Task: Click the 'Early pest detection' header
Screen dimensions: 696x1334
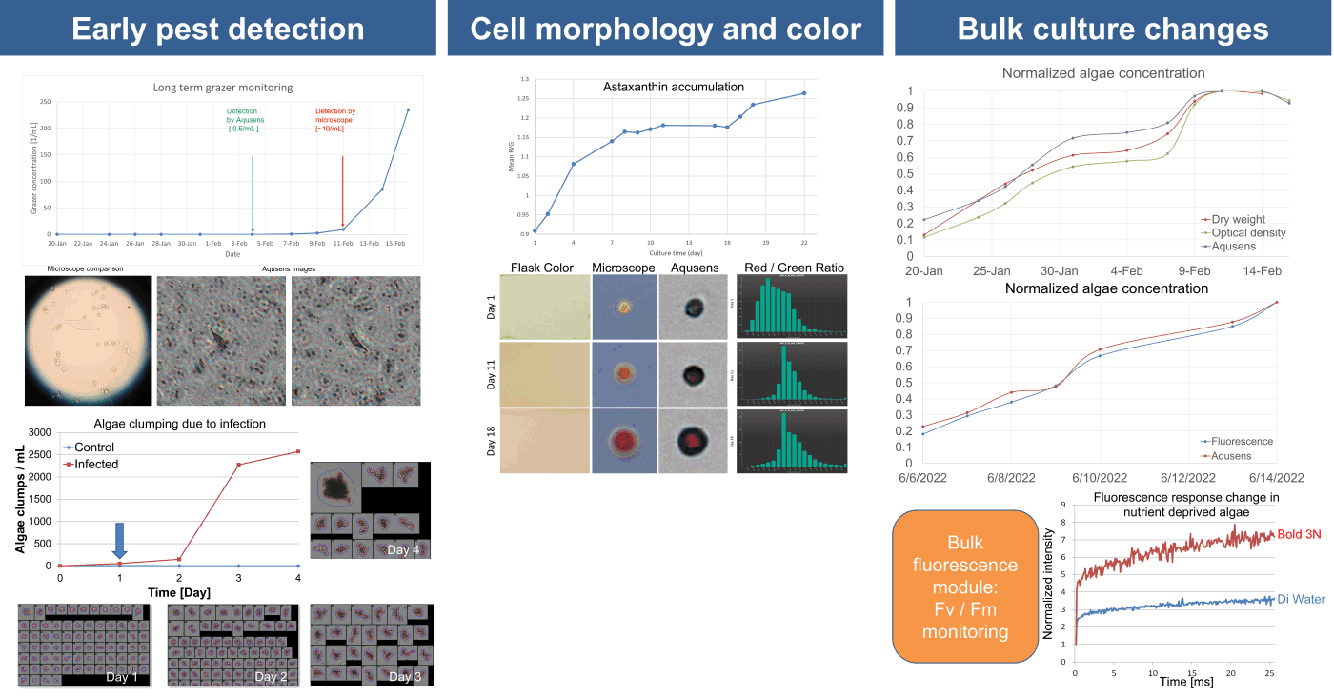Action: coord(218,30)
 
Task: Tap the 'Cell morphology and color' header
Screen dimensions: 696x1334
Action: coord(665,30)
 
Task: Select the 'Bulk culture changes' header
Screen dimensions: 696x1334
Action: coord(1113,30)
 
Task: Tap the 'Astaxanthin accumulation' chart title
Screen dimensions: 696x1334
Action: coord(674,87)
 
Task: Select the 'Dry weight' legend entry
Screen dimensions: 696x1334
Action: coord(1238,220)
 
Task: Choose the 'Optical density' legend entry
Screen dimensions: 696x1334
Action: coord(1248,233)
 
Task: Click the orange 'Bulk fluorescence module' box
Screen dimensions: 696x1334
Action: coord(964,587)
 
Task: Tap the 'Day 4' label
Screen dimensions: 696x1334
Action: coord(404,550)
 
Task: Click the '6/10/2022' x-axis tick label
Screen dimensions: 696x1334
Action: coord(1100,478)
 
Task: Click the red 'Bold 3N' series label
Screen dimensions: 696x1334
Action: coord(1300,534)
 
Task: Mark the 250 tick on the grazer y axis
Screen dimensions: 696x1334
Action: coord(44,102)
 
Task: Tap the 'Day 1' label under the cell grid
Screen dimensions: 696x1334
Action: coord(122,677)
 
